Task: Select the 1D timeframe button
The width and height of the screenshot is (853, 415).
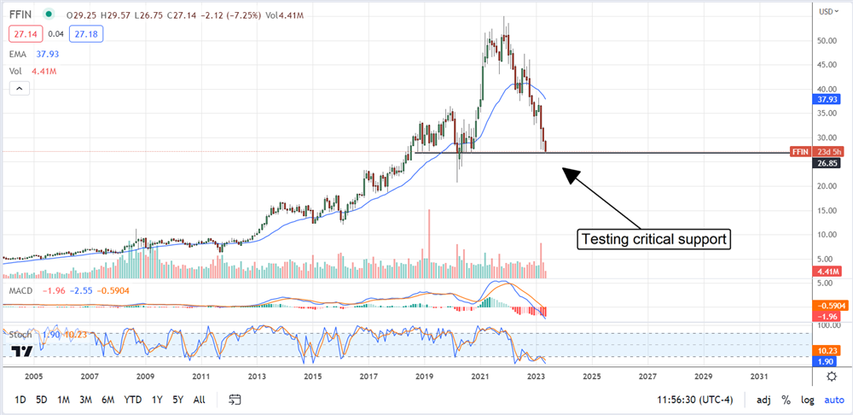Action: [20, 400]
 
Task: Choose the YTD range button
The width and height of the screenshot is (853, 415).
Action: [132, 400]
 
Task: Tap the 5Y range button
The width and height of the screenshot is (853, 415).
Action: [177, 400]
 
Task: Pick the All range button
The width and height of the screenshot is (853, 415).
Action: [199, 400]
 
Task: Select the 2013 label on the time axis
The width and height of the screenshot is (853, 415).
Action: [256, 376]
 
